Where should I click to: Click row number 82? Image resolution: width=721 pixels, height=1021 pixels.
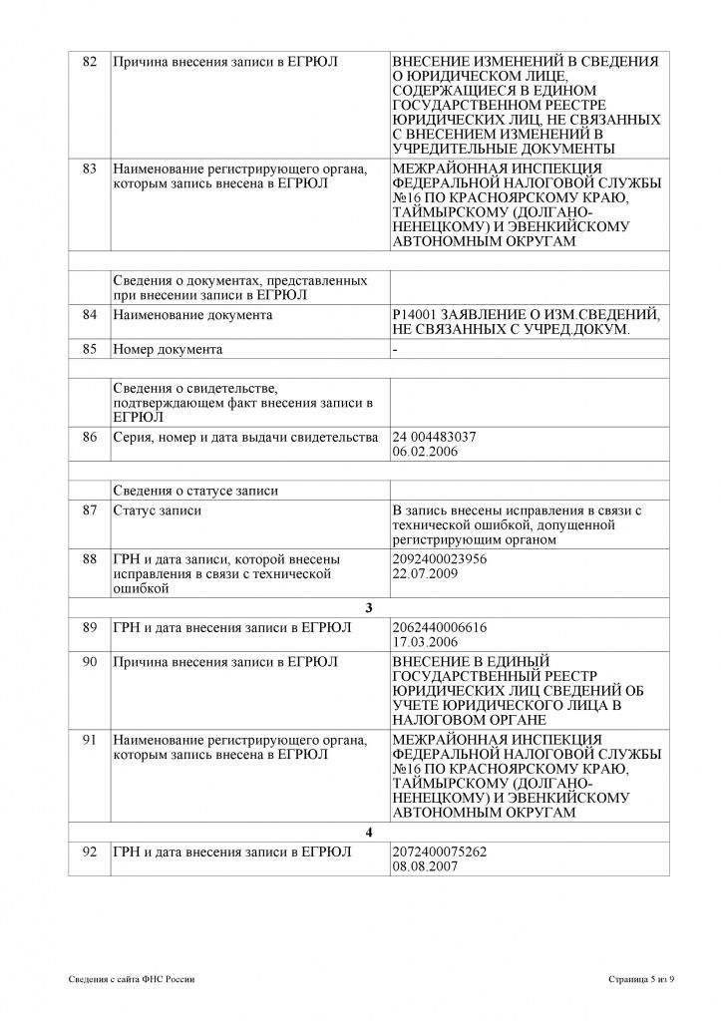pos(89,62)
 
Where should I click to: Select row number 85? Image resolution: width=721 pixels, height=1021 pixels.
pos(89,350)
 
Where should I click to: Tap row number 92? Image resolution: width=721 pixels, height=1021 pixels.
pos(89,851)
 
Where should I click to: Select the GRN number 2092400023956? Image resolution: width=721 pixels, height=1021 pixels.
pos(440,559)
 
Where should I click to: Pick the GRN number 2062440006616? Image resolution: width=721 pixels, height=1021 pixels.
pos(440,626)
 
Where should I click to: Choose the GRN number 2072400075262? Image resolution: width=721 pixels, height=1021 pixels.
pos(440,851)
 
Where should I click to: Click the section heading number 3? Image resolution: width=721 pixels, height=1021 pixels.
pos(370,608)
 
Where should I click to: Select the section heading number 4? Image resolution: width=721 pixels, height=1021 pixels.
pos(370,833)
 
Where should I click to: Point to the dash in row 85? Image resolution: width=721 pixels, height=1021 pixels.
pos(396,350)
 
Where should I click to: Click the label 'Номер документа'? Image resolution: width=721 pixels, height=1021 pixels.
pos(168,350)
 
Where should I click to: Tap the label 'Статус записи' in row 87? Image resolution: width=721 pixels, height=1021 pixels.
pos(158,510)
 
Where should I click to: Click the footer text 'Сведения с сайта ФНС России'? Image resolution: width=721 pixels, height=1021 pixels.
pos(132,980)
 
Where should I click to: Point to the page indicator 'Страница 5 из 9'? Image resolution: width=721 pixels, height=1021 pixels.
pos(641,980)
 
